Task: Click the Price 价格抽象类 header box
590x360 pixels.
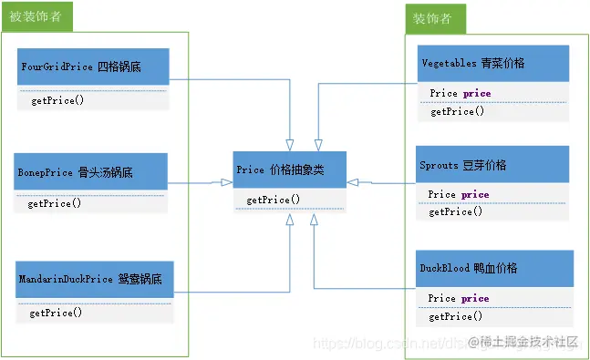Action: click(x=289, y=170)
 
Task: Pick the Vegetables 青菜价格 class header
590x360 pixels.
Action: click(x=493, y=64)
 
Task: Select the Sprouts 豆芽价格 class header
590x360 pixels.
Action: click(x=493, y=165)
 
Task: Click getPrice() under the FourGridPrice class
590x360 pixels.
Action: click(x=57, y=100)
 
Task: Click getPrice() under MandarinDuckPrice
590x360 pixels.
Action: click(x=56, y=313)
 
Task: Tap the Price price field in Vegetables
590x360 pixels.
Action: click(x=460, y=93)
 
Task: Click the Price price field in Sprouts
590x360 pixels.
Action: click(x=459, y=194)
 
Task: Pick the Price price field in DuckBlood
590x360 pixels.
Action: click(x=459, y=298)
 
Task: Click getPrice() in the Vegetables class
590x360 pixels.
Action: click(x=457, y=111)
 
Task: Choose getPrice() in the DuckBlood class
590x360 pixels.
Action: click(x=457, y=316)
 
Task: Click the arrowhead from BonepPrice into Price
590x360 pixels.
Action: click(x=224, y=182)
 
